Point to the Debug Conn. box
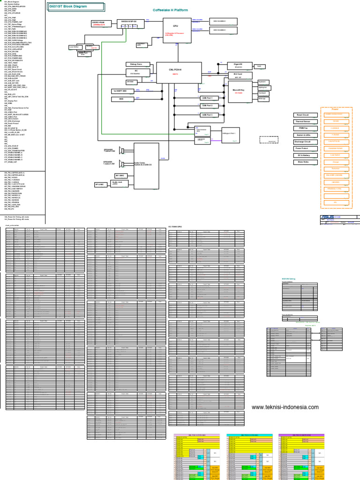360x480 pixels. pyautogui.click(x=136, y=64)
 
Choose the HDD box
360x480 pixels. pyautogui.click(x=121, y=99)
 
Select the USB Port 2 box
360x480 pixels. pyautogui.click(x=207, y=106)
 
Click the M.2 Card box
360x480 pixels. pyautogui.click(x=238, y=74)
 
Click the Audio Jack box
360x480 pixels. pyautogui.click(x=117, y=183)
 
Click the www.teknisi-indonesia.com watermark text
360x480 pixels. pyautogui.click(x=285, y=407)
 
